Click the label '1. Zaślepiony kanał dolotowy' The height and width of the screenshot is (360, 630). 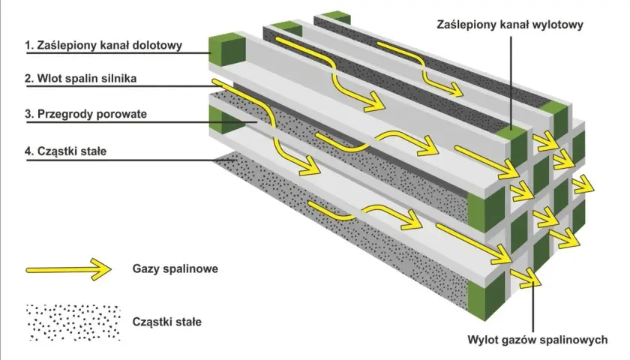coord(103,46)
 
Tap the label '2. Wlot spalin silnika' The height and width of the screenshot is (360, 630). coord(81,78)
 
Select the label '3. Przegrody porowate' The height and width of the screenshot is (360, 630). coord(86,114)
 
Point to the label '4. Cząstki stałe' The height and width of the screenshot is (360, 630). coord(66,151)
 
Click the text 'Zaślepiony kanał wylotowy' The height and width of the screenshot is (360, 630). coord(510,25)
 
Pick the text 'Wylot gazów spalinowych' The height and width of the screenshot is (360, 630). coord(538,340)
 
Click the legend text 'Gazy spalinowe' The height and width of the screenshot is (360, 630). coord(175,268)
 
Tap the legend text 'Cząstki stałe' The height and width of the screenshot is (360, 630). coord(166,322)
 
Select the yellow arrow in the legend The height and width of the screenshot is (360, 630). coord(69,269)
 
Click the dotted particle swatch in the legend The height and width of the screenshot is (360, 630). coord(73,322)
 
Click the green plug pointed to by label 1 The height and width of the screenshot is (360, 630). coord(227,50)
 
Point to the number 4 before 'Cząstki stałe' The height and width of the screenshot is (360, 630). coord(28,151)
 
